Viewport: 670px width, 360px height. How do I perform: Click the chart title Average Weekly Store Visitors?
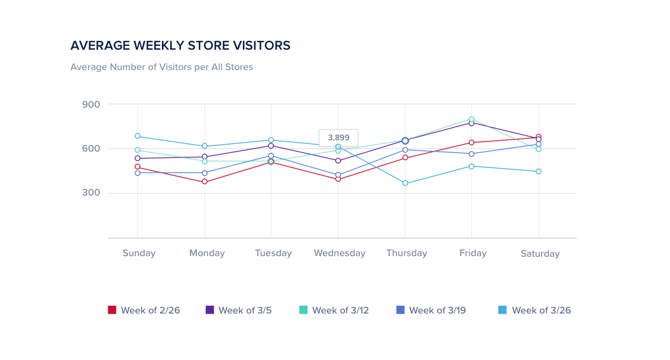tap(180, 45)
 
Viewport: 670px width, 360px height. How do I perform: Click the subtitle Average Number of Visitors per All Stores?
tap(161, 67)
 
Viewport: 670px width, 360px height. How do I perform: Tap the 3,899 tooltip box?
tap(339, 137)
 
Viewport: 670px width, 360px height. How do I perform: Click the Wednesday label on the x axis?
tap(339, 253)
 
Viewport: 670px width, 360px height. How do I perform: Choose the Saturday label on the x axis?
tap(540, 254)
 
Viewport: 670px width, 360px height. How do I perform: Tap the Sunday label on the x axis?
tap(139, 253)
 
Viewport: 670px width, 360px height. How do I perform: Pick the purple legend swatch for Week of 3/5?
tap(210, 310)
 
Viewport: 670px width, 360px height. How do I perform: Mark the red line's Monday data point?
tap(205, 182)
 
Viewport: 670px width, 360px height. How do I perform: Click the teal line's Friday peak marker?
tap(472, 119)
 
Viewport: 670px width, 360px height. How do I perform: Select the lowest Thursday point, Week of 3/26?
tap(405, 184)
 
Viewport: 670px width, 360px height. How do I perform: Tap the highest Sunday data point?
tap(138, 136)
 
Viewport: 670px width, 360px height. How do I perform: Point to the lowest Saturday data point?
tap(539, 171)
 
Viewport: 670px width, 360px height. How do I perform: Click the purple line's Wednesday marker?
tap(338, 161)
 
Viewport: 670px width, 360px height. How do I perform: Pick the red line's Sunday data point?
tap(138, 167)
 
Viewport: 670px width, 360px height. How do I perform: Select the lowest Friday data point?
tap(472, 166)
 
